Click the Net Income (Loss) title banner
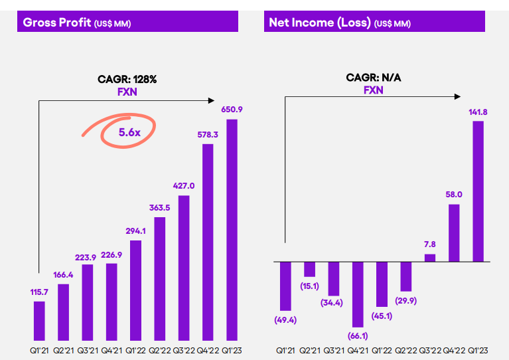(374, 22)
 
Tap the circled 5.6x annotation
(129, 132)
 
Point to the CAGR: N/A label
(373, 78)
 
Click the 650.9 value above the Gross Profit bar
(232, 109)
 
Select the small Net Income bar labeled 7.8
(430, 258)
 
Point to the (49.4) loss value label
(285, 321)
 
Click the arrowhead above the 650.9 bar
(213, 100)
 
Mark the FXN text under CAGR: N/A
(373, 90)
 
